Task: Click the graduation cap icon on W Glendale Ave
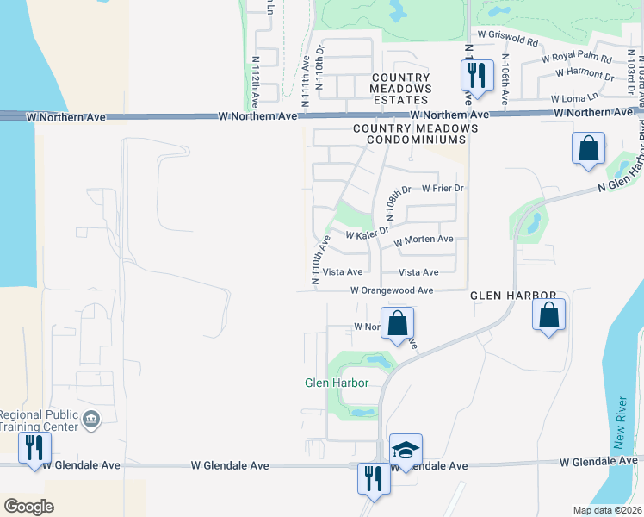[x=406, y=452]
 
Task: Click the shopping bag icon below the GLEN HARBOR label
[x=549, y=316]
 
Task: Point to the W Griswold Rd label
[x=508, y=40]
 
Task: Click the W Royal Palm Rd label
[x=576, y=59]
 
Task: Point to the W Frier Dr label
[x=443, y=188]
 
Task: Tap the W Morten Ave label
[x=423, y=240]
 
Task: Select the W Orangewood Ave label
[x=392, y=291]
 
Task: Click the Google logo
[x=28, y=507]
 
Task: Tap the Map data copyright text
[x=606, y=510]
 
